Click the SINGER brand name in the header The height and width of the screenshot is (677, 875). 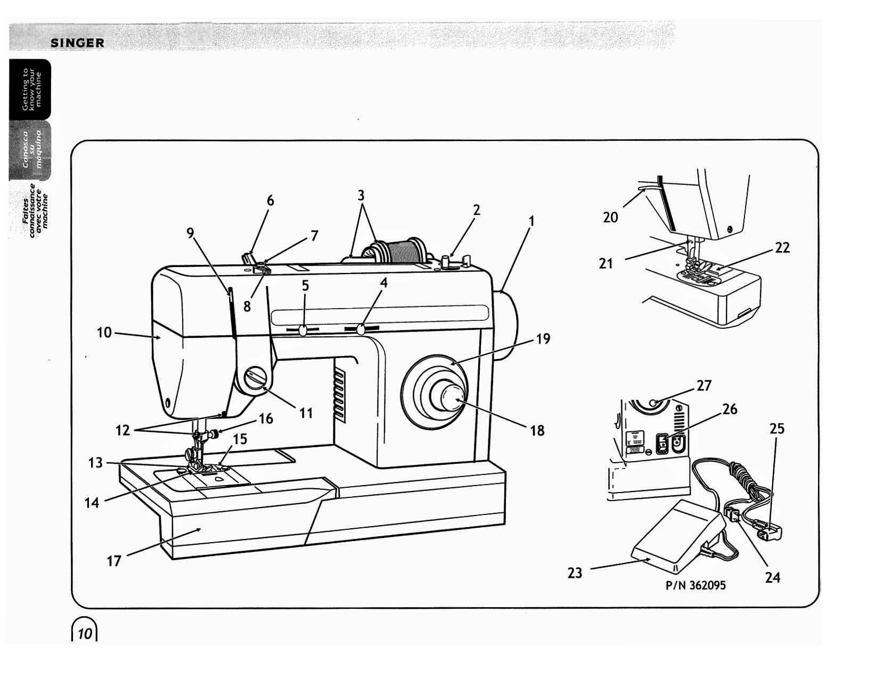[x=78, y=43]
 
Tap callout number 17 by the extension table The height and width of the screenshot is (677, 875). [x=114, y=561]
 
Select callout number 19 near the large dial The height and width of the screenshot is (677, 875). [x=543, y=339]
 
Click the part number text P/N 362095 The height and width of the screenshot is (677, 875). [x=696, y=585]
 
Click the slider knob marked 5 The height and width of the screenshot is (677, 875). [x=303, y=331]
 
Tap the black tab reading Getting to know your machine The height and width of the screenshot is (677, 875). [x=30, y=89]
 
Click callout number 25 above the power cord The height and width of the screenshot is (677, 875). [x=777, y=429]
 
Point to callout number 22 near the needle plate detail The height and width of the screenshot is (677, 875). [x=782, y=247]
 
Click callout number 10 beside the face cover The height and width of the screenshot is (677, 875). [x=104, y=333]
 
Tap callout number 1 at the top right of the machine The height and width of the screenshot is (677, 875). [x=530, y=221]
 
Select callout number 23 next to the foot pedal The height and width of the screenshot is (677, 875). [x=575, y=573]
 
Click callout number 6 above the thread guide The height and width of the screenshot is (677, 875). [x=271, y=200]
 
